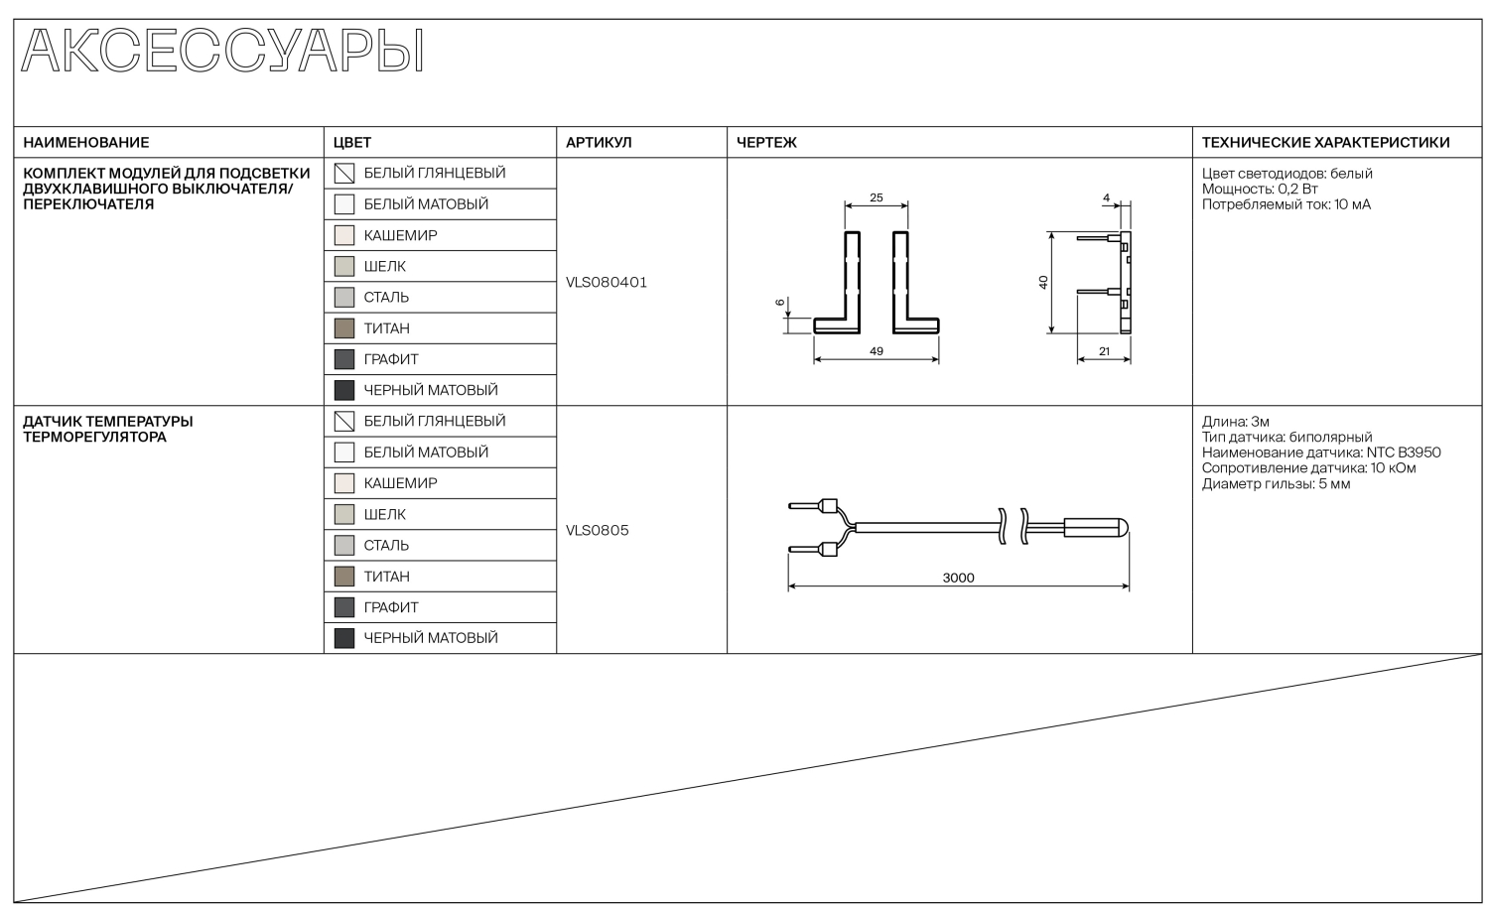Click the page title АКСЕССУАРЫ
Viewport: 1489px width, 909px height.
(x=222, y=51)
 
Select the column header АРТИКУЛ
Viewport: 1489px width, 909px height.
(x=599, y=142)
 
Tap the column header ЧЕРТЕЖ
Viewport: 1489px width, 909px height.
(x=766, y=142)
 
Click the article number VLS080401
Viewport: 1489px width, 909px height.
(x=607, y=283)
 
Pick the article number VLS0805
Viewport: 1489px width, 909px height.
(x=597, y=530)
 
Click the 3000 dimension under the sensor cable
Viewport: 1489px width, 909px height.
(x=958, y=578)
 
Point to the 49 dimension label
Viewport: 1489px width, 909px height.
(x=877, y=351)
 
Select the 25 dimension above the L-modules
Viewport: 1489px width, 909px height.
(x=877, y=197)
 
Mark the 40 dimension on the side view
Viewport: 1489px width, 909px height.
(x=1043, y=283)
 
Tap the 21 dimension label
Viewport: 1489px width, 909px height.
(x=1104, y=351)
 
